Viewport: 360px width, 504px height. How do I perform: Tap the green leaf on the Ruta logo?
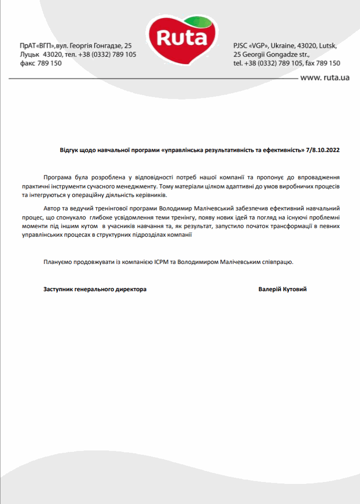click(197, 22)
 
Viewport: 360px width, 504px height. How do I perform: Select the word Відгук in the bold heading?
click(68, 150)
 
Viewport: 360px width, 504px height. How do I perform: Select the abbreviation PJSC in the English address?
click(241, 46)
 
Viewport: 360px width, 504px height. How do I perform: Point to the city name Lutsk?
click(328, 46)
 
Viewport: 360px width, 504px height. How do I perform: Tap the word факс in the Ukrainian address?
click(27, 63)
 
